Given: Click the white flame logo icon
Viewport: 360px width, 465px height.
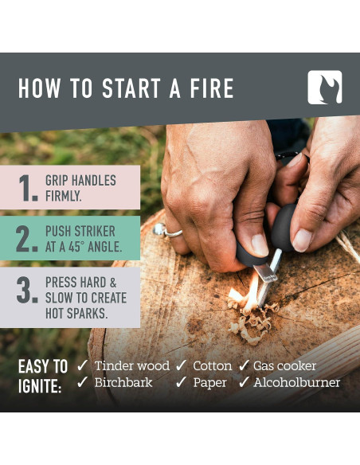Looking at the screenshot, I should click(x=324, y=88).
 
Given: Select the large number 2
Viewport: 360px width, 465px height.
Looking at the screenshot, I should click(x=28, y=239).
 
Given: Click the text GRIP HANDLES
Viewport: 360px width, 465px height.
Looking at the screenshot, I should click(x=80, y=181).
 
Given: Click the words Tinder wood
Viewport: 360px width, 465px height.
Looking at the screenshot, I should click(x=131, y=366).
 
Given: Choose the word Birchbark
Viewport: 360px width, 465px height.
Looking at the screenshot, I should click(x=123, y=383).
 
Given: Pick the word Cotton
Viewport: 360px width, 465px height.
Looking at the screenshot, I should click(x=212, y=366).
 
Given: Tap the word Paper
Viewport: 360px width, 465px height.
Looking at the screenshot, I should click(x=209, y=383).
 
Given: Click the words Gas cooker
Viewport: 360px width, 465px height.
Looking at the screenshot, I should click(x=285, y=366).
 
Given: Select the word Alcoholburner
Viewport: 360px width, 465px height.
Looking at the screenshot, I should click(x=297, y=383).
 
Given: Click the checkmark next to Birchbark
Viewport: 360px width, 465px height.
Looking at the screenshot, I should click(x=83, y=383).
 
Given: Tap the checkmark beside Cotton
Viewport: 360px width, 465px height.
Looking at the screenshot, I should click(x=181, y=366).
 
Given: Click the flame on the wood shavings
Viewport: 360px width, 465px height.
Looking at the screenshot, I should click(x=249, y=292).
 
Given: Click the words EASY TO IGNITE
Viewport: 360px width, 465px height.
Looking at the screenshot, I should click(x=42, y=376).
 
